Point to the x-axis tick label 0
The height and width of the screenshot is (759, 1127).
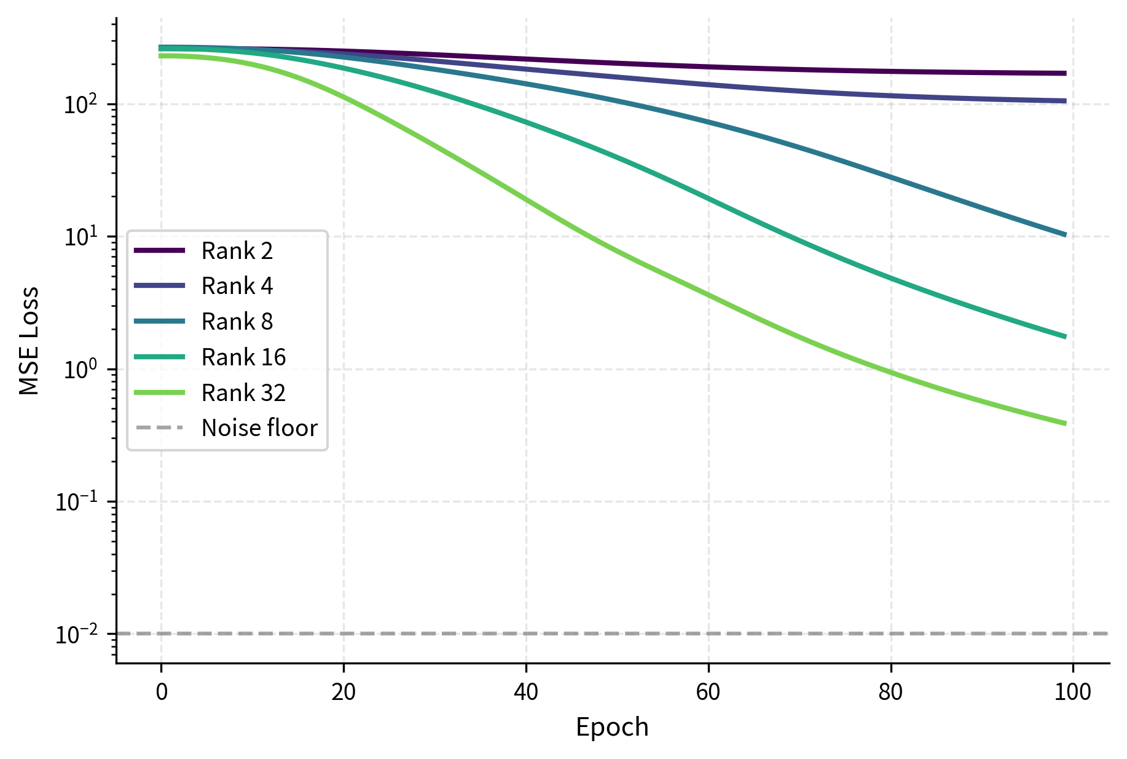point(162,693)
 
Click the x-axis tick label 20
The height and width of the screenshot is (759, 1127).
point(344,693)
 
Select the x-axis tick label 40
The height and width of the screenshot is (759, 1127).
point(526,693)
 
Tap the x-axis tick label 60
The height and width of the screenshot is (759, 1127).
point(708,693)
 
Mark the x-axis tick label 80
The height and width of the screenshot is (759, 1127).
point(890,693)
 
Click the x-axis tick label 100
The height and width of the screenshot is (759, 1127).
point(1072,693)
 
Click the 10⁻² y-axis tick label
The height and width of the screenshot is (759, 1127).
point(80,634)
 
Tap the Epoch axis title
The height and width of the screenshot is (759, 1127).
point(612,728)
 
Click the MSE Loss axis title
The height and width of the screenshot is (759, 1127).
point(29,341)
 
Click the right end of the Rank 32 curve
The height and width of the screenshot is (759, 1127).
point(1064,423)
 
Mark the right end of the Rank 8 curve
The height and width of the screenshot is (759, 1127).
point(1064,234)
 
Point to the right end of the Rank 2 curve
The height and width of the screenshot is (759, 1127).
point(1064,73)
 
